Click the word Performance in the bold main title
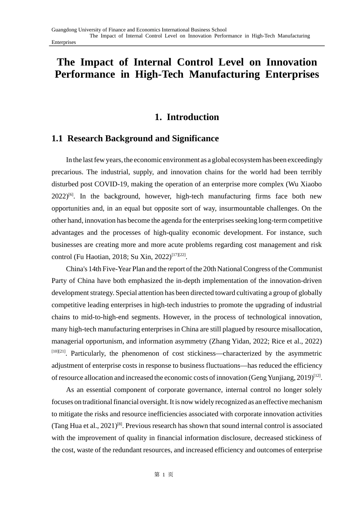coord(85,74)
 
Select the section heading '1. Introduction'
coord(187,117)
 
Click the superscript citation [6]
coord(71,195)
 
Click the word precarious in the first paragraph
coord(67,172)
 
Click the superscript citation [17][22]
coord(178,255)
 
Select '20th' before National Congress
coord(209,269)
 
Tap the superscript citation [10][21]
coord(58,351)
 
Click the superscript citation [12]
coord(317,376)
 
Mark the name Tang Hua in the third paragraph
coord(66,426)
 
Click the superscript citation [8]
coord(120,424)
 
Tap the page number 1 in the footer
coord(164,475)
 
